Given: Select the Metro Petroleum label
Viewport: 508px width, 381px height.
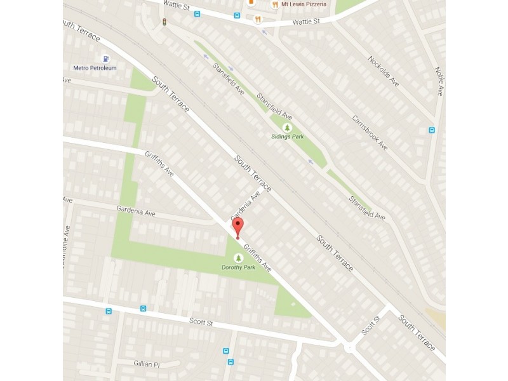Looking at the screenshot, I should point(94,68).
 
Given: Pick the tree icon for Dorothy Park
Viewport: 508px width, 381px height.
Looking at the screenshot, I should point(239,258).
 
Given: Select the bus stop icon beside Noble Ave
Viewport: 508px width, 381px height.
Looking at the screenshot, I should point(432,131).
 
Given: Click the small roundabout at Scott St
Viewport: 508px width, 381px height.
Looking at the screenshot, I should point(349,347).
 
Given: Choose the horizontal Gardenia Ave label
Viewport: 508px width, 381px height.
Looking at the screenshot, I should point(137,209).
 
